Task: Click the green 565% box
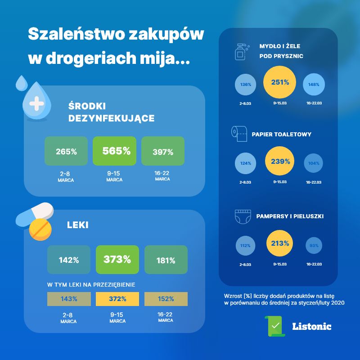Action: tap(114, 151)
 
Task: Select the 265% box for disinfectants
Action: tap(66, 151)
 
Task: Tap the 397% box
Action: tap(162, 151)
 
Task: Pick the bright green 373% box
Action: tap(117, 260)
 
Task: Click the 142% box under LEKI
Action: tap(68, 260)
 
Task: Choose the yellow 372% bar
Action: tap(117, 299)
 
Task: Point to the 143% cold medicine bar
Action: tap(68, 299)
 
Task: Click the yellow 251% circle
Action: tap(280, 82)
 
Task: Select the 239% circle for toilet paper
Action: tap(280, 162)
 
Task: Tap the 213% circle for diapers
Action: tap(280, 244)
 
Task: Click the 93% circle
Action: tap(314, 245)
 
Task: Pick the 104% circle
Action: tap(314, 163)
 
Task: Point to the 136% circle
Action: tap(246, 84)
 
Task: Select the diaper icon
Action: tap(241, 217)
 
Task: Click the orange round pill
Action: tap(40, 229)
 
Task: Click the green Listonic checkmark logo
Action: tap(274, 326)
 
